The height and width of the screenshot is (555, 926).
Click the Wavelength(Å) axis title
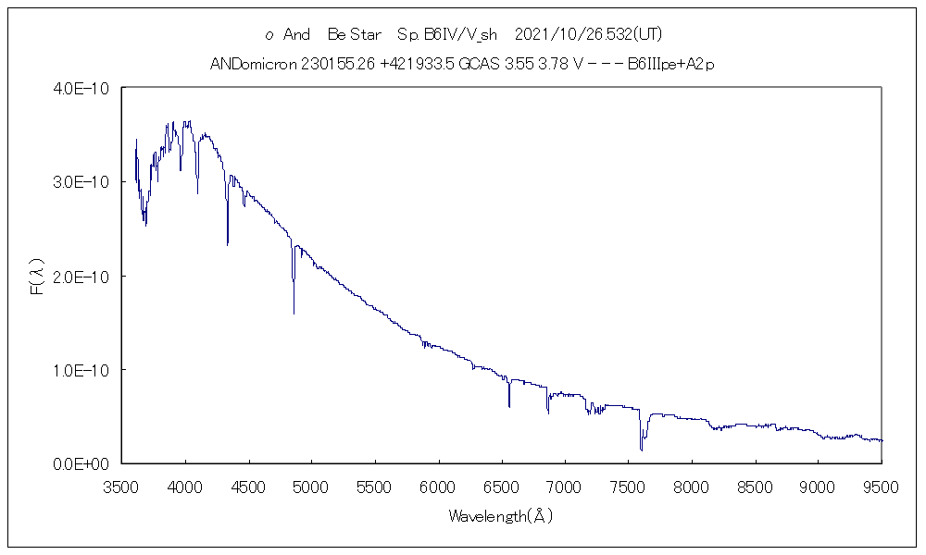pos(501,516)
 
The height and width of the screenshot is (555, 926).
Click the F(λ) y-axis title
pos(38,276)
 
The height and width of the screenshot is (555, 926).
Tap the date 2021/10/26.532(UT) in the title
pos(586,34)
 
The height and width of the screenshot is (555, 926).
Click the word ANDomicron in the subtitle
pos(252,65)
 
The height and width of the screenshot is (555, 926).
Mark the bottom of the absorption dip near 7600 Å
pos(641,450)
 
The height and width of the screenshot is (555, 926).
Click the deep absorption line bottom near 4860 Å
pos(294,314)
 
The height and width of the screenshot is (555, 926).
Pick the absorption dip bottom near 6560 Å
pos(509,406)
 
